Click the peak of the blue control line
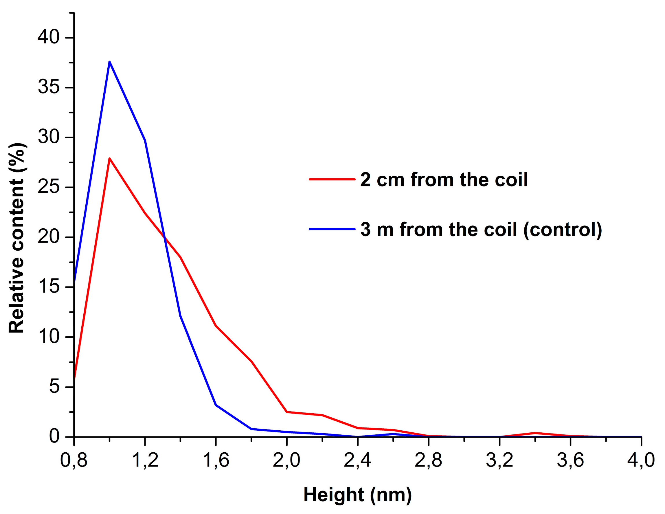pos(109,62)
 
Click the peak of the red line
pos(109,158)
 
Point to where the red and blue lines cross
pos(164,237)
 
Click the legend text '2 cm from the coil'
pos(444,180)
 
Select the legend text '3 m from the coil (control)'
pos(481,229)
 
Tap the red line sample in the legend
pos(332,179)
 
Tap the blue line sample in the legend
pos(332,229)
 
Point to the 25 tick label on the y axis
pos(48,187)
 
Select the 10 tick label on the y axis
pos(48,337)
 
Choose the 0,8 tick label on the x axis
pos(74,460)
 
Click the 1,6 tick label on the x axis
pos(216,460)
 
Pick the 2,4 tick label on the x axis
pos(357,460)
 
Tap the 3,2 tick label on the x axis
pos(499,460)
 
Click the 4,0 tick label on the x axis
pos(641,460)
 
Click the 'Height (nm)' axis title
pos(357,495)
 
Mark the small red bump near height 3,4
pos(535,433)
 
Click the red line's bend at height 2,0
pos(286,412)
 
